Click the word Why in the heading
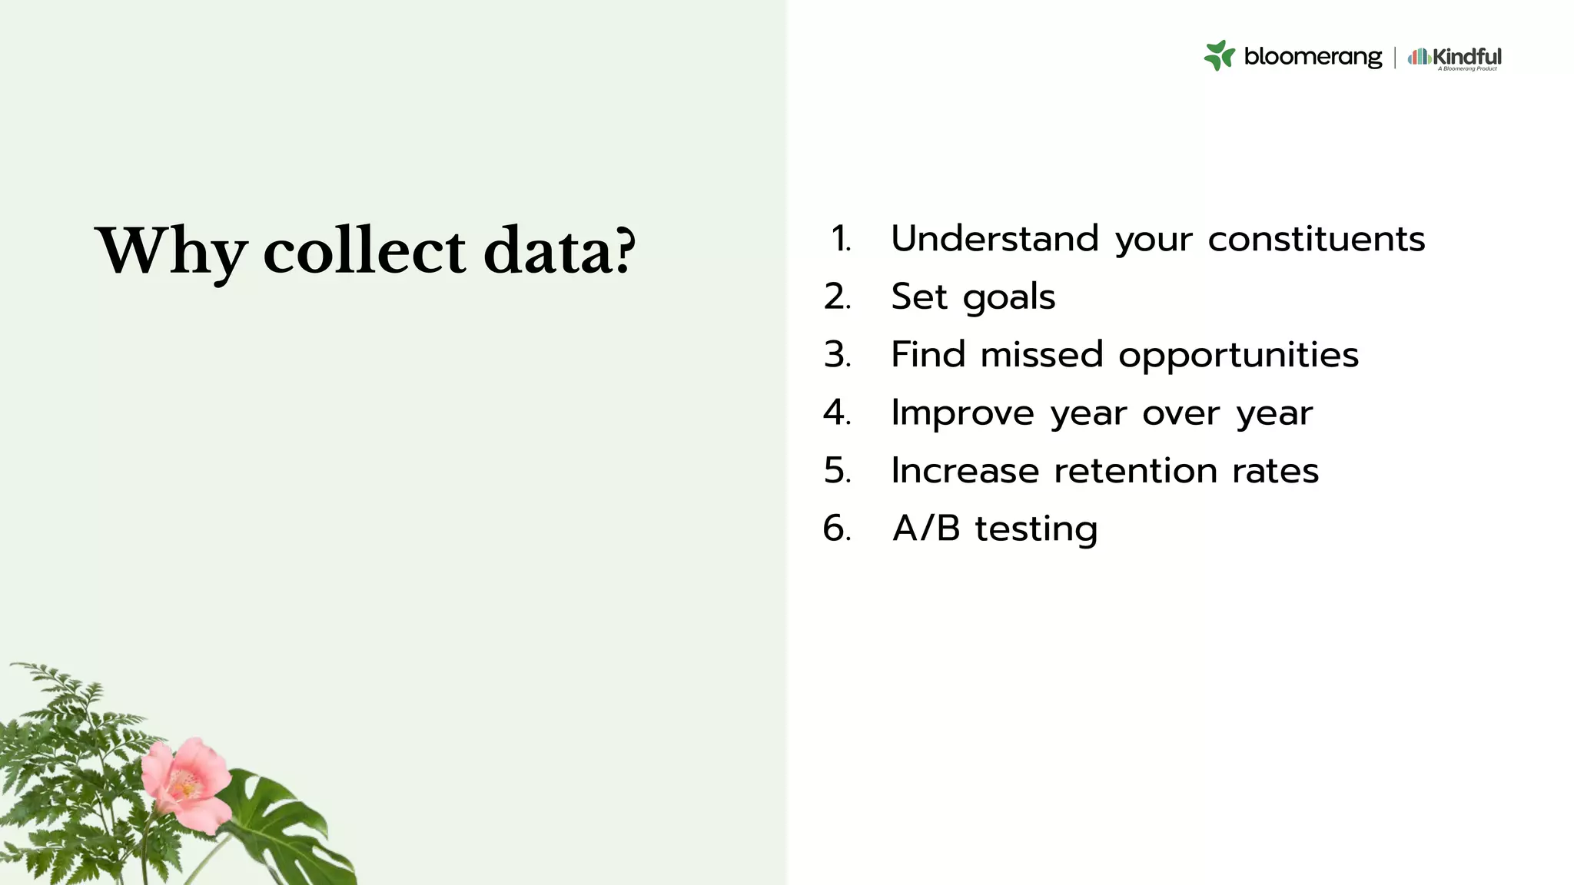click(171, 250)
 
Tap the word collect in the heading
click(364, 250)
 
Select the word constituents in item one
click(1316, 239)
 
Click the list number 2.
click(836, 297)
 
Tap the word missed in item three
click(1041, 355)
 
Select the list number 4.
click(836, 413)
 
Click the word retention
click(1135, 470)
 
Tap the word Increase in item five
click(965, 470)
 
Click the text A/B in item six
click(926, 529)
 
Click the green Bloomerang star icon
click(1219, 55)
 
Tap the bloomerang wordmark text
click(1312, 56)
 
